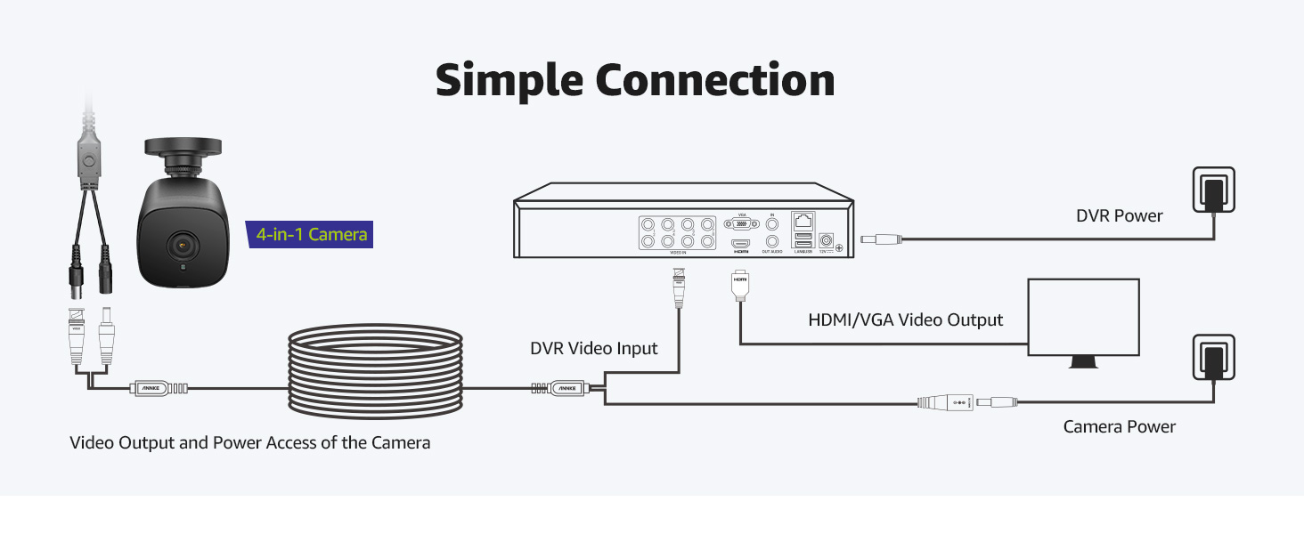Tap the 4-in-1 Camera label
(x=311, y=235)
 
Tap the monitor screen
(x=1083, y=316)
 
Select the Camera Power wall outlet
(x=1212, y=358)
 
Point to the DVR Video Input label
(x=594, y=348)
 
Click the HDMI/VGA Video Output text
(x=905, y=320)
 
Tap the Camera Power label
(x=1119, y=427)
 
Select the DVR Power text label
(x=1119, y=215)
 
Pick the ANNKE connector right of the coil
(x=566, y=388)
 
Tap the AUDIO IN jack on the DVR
(x=772, y=224)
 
